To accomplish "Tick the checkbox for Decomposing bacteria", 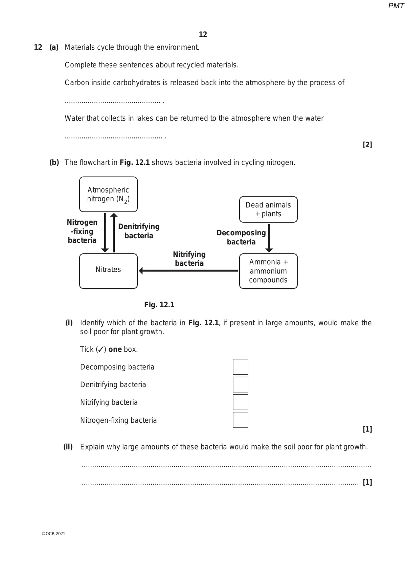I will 241,367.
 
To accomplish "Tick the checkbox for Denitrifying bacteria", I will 241,384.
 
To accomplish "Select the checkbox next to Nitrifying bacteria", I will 241,402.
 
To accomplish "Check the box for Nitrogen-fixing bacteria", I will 241,420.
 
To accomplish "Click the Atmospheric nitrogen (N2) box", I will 108,194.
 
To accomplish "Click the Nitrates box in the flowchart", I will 108,271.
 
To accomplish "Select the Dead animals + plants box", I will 268,209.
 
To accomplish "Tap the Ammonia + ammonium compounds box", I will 268,271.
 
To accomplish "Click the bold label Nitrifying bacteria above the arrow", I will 189,259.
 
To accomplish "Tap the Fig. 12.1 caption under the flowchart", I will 159,305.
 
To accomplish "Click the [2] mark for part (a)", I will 367,145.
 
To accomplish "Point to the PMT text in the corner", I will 396,6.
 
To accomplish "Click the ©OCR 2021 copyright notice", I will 53,534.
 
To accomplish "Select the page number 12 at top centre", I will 203,35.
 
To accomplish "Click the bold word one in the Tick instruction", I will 115,349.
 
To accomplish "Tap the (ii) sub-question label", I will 68,447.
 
